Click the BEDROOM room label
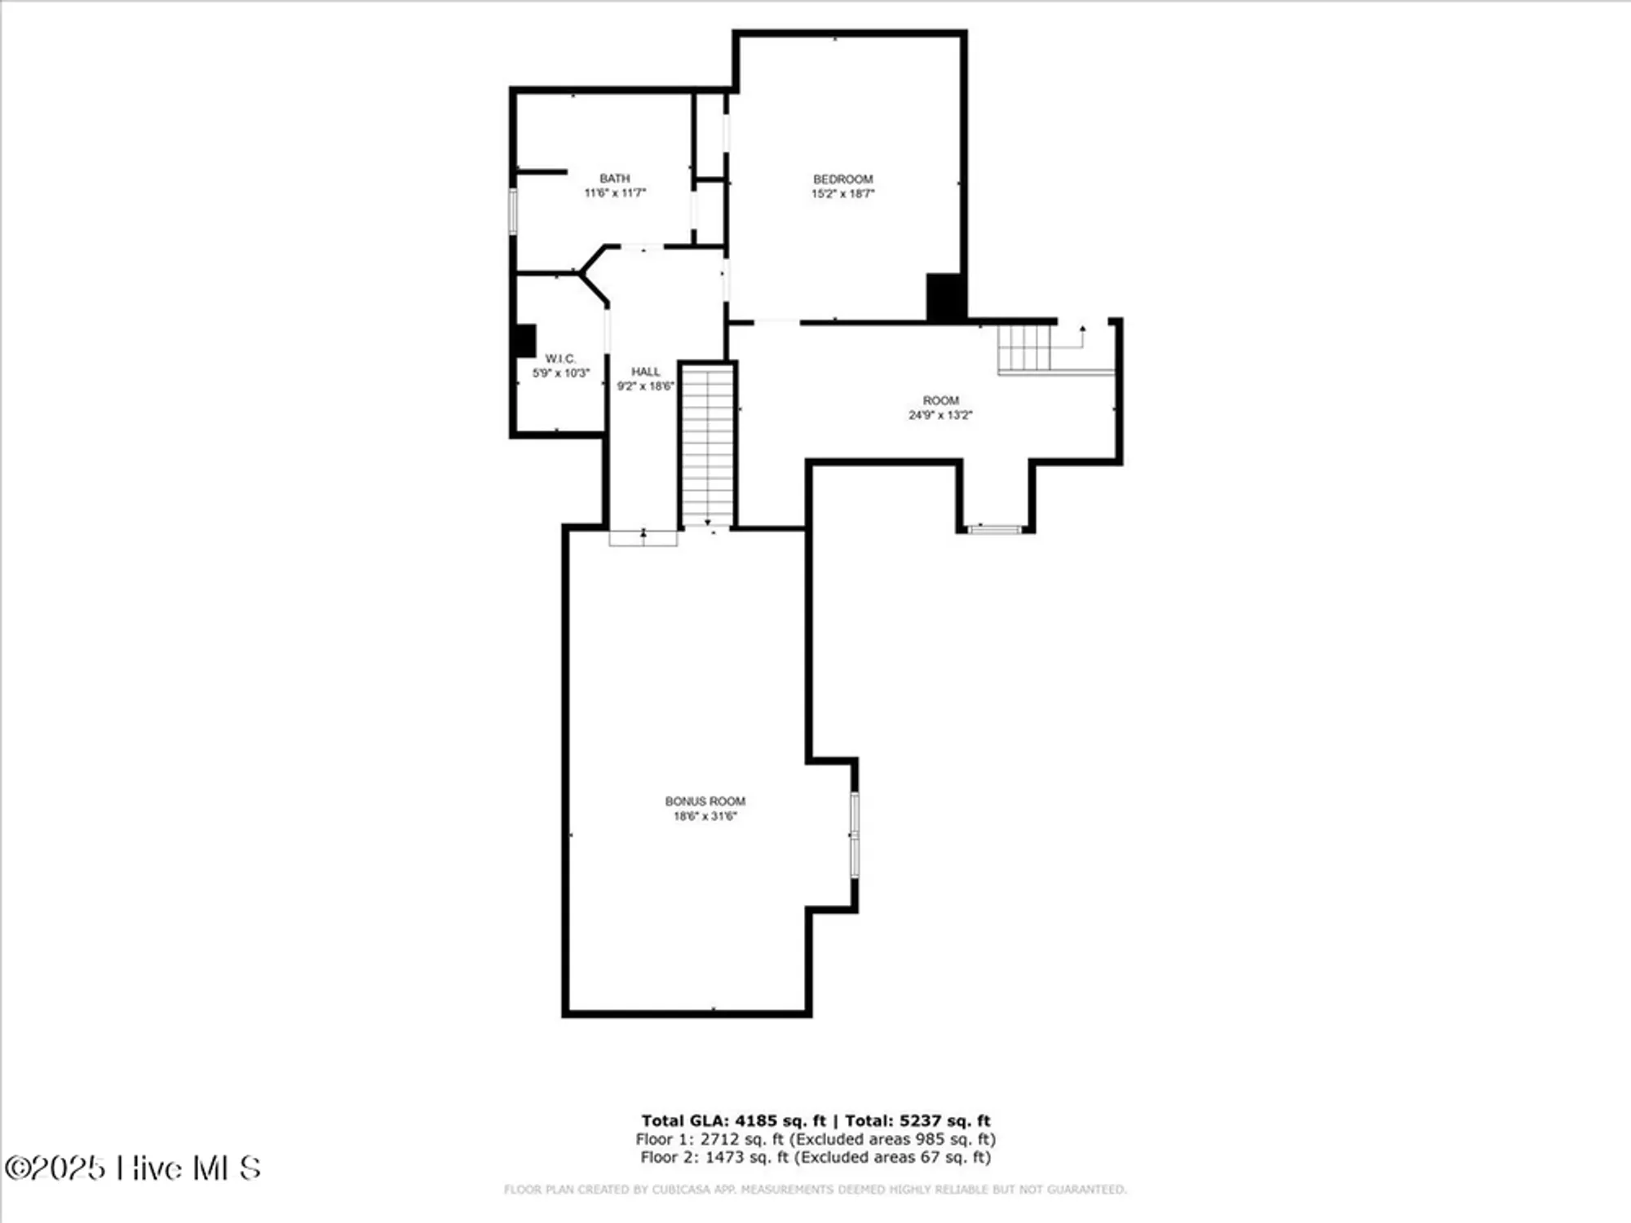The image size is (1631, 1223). tap(842, 179)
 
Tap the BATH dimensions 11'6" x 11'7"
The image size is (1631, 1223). tap(615, 193)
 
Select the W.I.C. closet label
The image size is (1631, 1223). tap(560, 359)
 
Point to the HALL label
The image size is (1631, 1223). tap(645, 372)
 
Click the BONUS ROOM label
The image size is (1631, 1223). tap(705, 801)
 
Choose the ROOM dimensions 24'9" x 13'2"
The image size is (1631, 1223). tap(940, 415)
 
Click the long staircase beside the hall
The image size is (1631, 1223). tap(708, 444)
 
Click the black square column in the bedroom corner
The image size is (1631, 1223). tap(945, 298)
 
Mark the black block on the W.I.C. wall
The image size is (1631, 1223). tap(525, 341)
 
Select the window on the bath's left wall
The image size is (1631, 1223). tap(513, 211)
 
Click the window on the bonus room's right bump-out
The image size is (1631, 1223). tap(855, 834)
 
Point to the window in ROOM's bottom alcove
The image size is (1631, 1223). tap(994, 530)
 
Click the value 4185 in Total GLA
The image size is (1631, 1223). tap(756, 1121)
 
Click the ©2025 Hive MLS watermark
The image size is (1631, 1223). tap(132, 1168)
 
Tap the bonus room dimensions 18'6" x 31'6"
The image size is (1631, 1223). tap(705, 816)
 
